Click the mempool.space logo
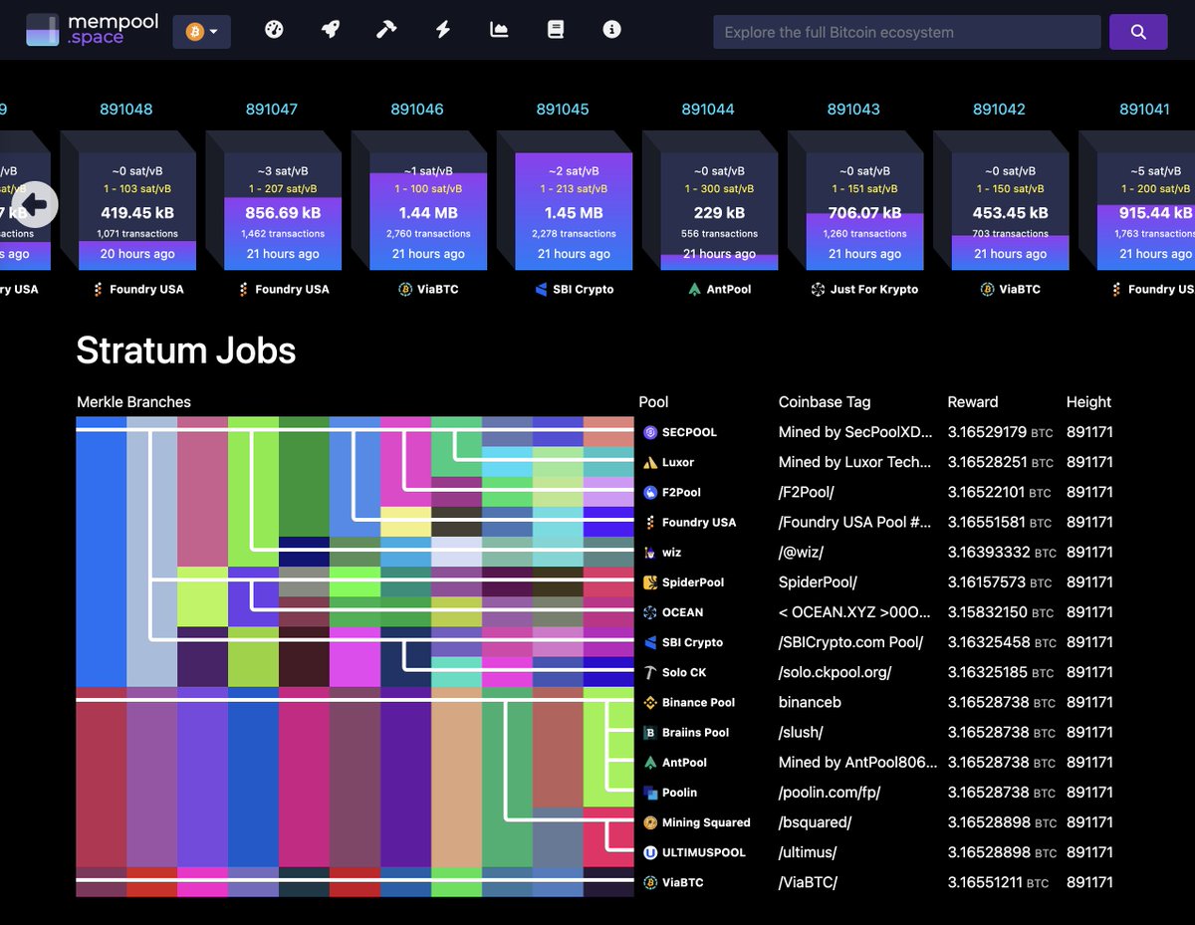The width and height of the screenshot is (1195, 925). [92, 30]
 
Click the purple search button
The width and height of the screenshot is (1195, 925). [1138, 32]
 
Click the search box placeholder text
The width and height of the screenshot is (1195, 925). [838, 32]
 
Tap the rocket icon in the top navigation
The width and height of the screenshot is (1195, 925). [330, 30]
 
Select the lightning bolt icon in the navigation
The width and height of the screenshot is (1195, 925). [443, 30]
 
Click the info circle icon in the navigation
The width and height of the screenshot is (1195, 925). [611, 30]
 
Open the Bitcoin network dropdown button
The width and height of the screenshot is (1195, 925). [201, 32]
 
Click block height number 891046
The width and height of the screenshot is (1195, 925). [417, 109]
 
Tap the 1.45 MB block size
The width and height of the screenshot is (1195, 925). [574, 212]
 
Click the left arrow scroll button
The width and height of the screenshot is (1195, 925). [35, 205]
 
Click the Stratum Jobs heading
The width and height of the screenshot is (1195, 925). [186, 350]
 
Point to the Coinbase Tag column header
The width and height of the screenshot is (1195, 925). [824, 402]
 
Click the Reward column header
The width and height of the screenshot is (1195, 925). [972, 402]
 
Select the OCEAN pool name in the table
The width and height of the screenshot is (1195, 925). [682, 612]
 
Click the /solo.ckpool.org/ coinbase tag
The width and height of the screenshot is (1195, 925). [835, 672]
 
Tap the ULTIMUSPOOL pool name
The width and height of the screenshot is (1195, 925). [703, 852]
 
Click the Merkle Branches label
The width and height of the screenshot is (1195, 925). [133, 402]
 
